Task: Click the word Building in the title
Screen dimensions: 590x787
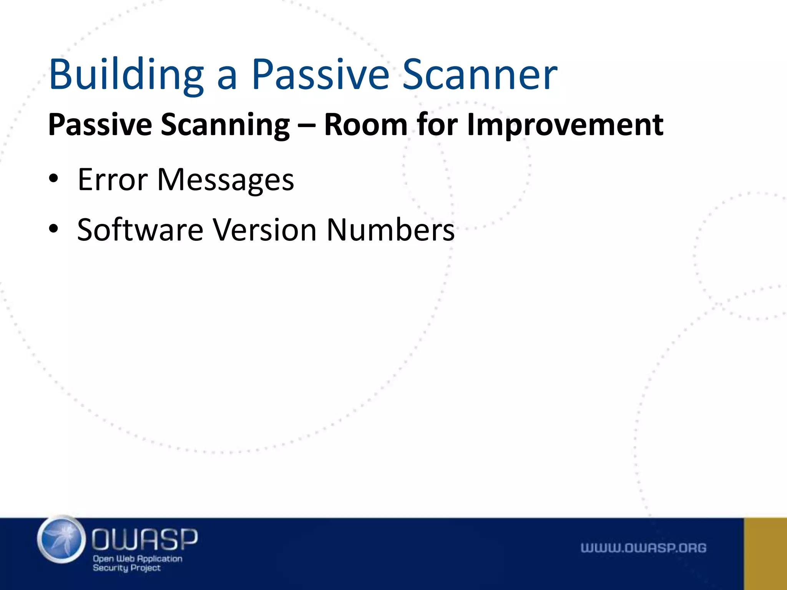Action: [x=126, y=75]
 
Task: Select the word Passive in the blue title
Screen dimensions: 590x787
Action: [x=320, y=75]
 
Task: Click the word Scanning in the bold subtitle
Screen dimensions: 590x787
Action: [x=225, y=125]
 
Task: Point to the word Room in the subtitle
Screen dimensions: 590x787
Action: [x=365, y=125]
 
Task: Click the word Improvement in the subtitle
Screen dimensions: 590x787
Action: [x=565, y=125]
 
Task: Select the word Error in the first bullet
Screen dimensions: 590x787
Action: [x=113, y=180]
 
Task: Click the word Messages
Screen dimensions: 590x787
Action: [x=226, y=180]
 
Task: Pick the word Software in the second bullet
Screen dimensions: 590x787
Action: [x=140, y=230]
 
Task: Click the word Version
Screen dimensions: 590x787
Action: [x=265, y=230]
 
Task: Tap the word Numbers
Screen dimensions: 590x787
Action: [x=390, y=230]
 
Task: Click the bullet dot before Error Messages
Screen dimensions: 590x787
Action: [x=53, y=179]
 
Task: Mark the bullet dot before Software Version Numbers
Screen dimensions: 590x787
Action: [x=53, y=229]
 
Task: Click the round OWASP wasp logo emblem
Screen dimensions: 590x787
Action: [x=61, y=540]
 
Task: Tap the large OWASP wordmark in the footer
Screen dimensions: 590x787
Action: [x=144, y=539]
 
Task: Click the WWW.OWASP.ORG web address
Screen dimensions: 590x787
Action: [x=643, y=548]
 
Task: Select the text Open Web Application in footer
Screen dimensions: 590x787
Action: [x=138, y=559]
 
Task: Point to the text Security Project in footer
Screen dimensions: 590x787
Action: [x=126, y=568]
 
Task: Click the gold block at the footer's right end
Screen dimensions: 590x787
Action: [x=765, y=554]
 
